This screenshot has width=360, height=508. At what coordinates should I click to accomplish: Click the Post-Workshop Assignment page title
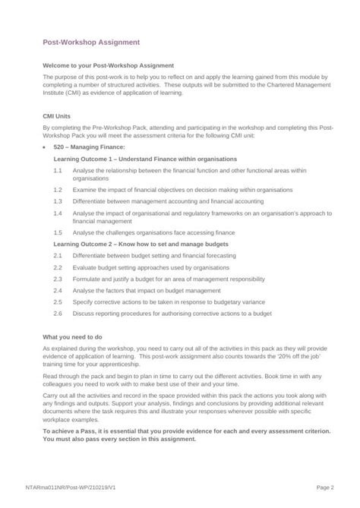(x=90, y=43)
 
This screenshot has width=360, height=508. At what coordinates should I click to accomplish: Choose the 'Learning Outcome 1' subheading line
(x=144, y=159)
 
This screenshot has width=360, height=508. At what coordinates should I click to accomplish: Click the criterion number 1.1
(x=58, y=171)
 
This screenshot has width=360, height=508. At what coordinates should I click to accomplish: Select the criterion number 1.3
(x=58, y=202)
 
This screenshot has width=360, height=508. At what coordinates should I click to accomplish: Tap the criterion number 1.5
(x=58, y=233)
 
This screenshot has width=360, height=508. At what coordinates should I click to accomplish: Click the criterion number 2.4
(x=58, y=290)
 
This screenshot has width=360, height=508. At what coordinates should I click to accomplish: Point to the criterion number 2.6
(x=58, y=313)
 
